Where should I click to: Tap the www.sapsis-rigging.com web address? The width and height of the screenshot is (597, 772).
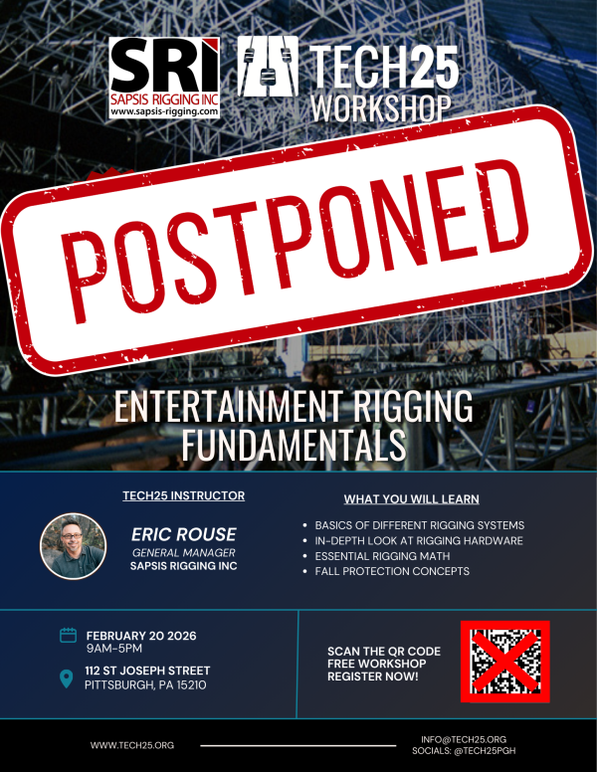pos(163,112)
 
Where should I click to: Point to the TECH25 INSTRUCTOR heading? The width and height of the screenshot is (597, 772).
pos(183,495)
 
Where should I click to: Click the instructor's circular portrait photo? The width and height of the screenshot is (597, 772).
pos(73,545)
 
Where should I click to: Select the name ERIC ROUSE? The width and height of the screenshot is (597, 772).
pos(183,535)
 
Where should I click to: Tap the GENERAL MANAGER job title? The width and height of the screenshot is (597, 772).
pos(183,552)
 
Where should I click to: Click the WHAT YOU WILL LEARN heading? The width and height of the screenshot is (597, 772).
pos(411,498)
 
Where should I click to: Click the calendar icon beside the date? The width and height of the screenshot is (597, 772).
pos(69,635)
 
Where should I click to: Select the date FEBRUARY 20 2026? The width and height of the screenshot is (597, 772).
pos(153,635)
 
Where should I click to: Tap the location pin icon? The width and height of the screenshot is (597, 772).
pos(68,679)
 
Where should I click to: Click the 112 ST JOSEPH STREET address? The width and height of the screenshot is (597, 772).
pos(157,672)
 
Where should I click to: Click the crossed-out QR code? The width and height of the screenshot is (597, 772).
pos(504,660)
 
